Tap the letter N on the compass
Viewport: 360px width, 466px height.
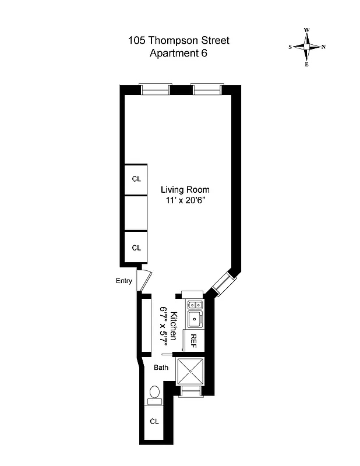pyautogui.click(x=323, y=47)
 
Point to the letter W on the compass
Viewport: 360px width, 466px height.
pyautogui.click(x=306, y=30)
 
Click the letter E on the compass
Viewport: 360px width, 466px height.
pyautogui.click(x=306, y=65)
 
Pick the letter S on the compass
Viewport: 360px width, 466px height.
pyautogui.click(x=290, y=47)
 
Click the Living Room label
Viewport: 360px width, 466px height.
pyautogui.click(x=185, y=190)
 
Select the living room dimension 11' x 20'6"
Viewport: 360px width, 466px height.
pyautogui.click(x=185, y=201)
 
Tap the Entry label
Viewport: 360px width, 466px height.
pyautogui.click(x=124, y=281)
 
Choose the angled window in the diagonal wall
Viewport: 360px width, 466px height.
pyautogui.click(x=222, y=283)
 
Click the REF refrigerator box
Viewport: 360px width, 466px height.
pyautogui.click(x=193, y=341)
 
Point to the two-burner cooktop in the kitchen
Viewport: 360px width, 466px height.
pyautogui.click(x=193, y=305)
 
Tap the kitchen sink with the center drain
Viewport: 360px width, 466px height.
pyautogui.click(x=193, y=319)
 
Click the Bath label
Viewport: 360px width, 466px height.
pyautogui.click(x=161, y=368)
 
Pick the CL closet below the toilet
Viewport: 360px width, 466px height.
pyautogui.click(x=154, y=421)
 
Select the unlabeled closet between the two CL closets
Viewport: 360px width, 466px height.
pyautogui.click(x=136, y=213)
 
